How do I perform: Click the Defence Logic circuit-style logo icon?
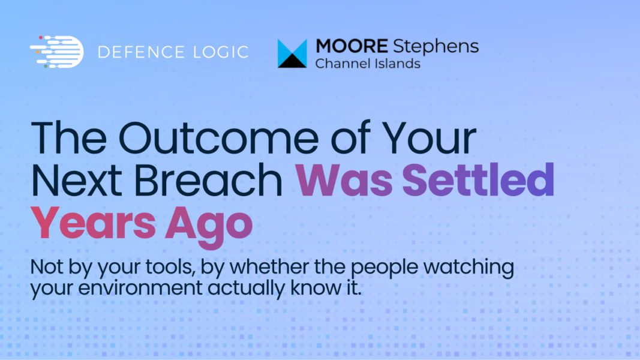pos(57,52)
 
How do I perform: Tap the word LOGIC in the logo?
pos(221,52)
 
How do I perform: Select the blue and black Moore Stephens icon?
pos(292,53)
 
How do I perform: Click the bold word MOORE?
pos(352,46)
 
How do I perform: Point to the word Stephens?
pos(436,47)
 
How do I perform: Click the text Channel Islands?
pos(368,64)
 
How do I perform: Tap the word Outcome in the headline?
pos(218,137)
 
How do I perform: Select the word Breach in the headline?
pos(208,179)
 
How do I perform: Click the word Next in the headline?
pos(76,180)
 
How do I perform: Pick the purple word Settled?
pos(479,179)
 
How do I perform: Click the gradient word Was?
pos(344,180)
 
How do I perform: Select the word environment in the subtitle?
pos(140,288)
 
